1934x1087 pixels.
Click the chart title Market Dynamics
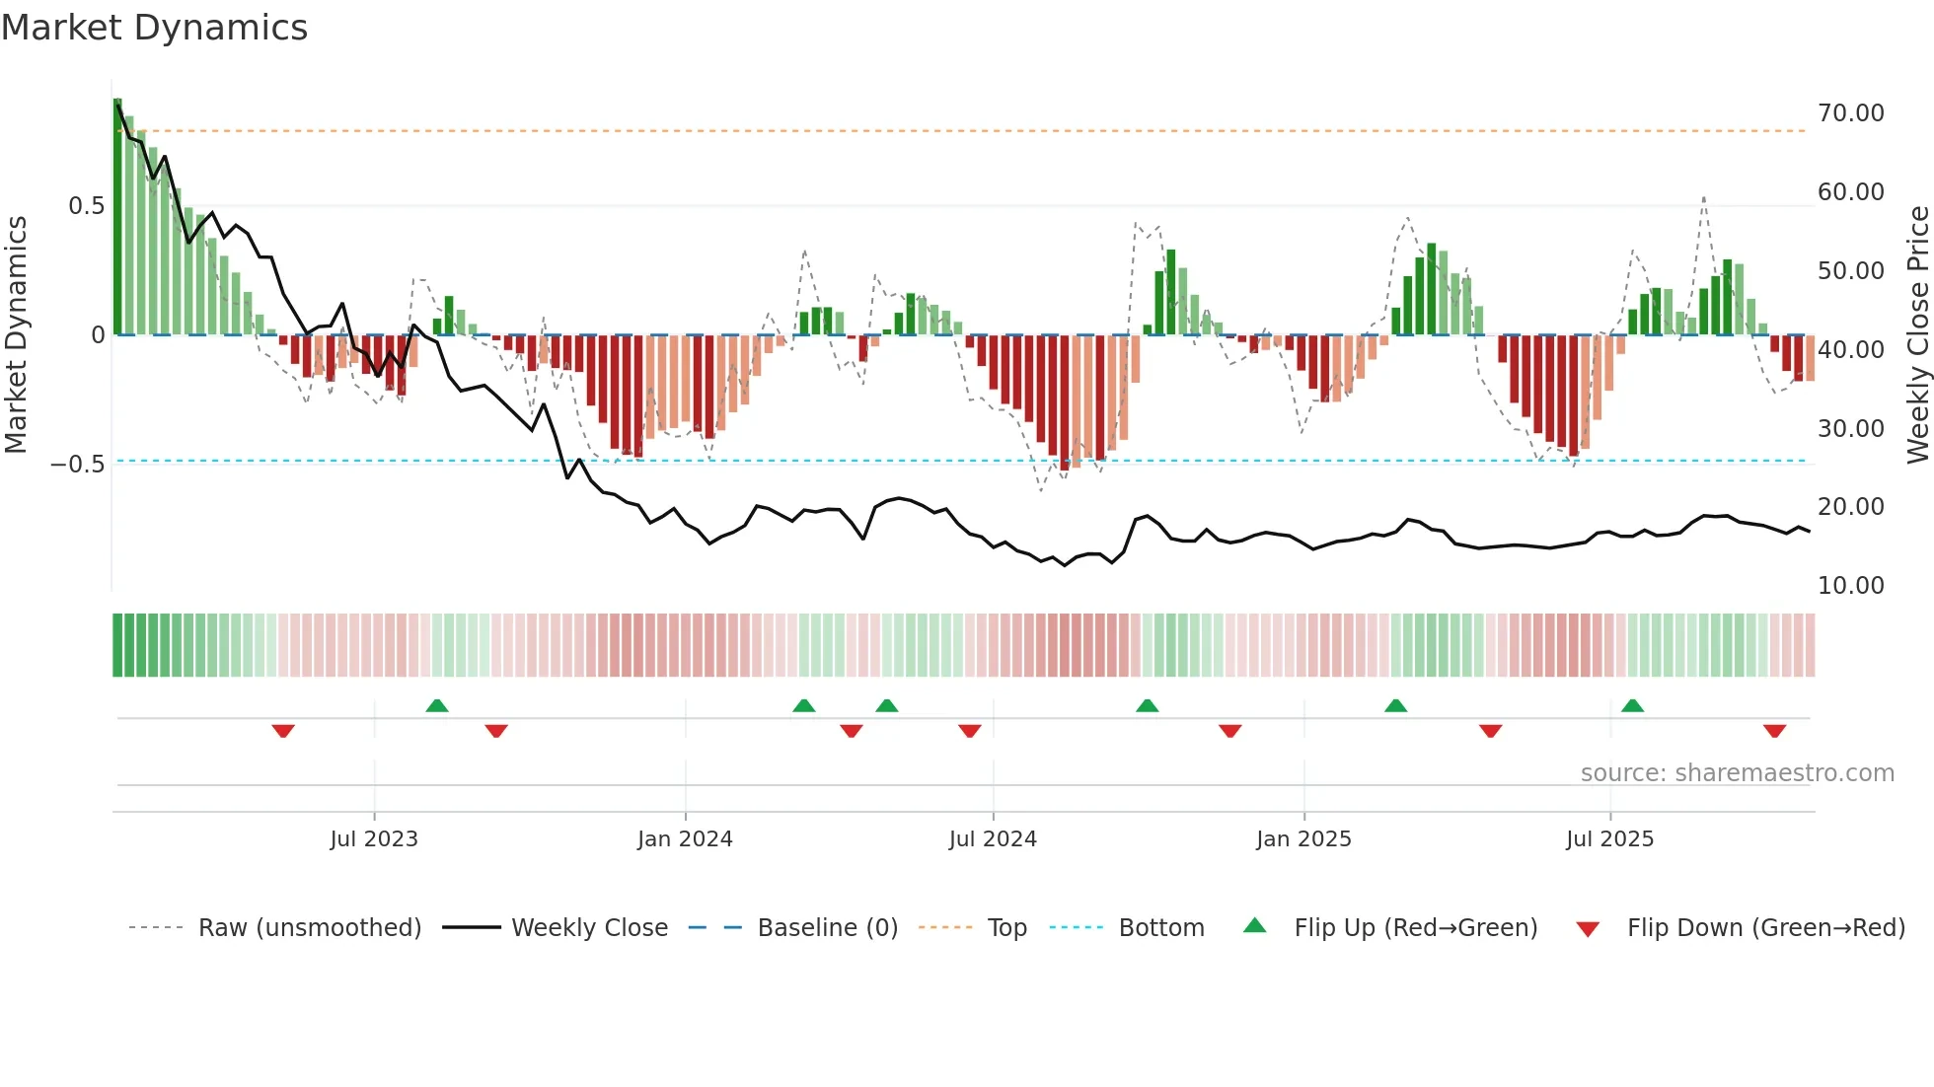[x=155, y=28]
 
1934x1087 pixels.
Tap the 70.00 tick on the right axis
[x=1850, y=113]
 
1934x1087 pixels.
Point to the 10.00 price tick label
[x=1850, y=586]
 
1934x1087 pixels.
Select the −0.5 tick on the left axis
[x=77, y=465]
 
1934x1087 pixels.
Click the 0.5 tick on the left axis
[x=86, y=206]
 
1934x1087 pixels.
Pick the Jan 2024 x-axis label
[x=685, y=839]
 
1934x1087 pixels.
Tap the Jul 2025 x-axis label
[x=1609, y=839]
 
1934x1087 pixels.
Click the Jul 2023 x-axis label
[x=374, y=839]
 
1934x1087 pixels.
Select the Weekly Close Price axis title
[x=1917, y=335]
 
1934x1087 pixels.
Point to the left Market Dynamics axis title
[x=16, y=335]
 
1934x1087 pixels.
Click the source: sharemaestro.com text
[x=1737, y=773]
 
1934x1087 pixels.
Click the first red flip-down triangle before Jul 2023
[x=283, y=731]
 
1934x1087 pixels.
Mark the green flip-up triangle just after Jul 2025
[x=1632, y=705]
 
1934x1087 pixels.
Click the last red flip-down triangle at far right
[x=1774, y=731]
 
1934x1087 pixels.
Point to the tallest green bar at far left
[x=117, y=217]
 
